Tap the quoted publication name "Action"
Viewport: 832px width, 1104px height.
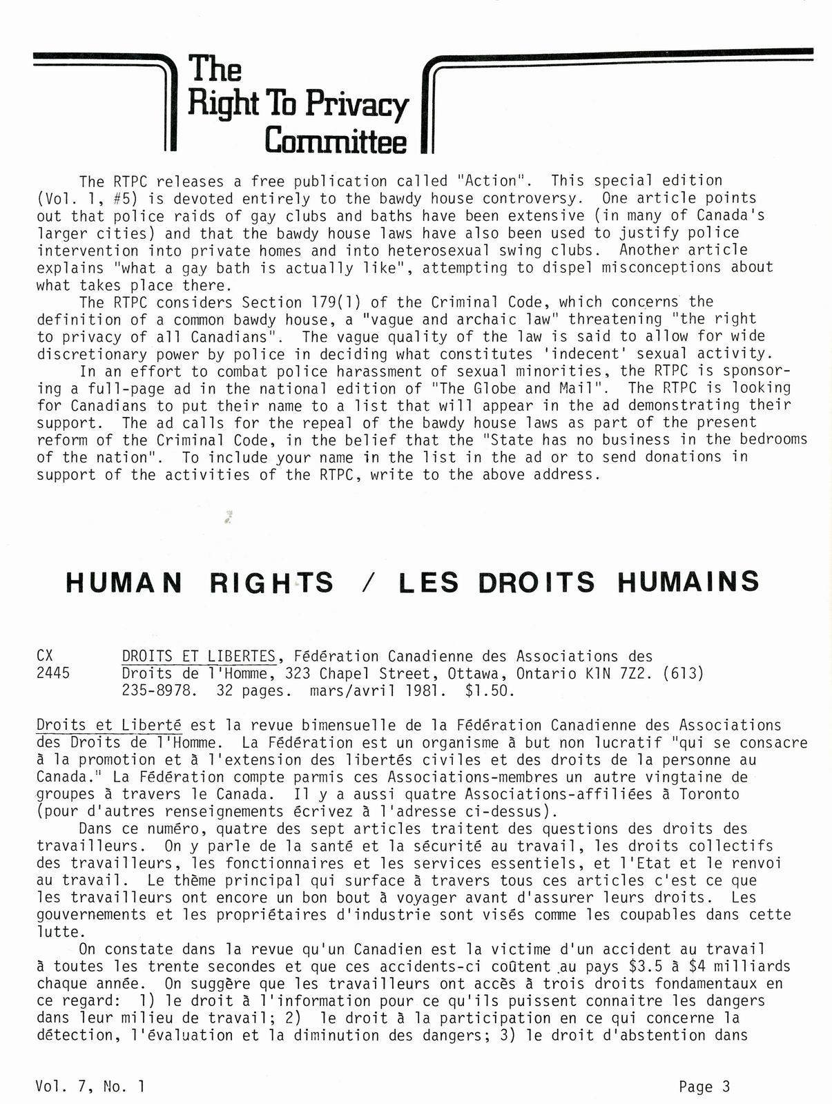click(491, 182)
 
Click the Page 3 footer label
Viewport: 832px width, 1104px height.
click(704, 1087)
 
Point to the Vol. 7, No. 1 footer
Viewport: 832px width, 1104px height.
click(90, 1087)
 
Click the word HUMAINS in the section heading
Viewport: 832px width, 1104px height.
click(688, 582)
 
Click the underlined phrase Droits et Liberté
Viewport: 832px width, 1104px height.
click(108, 726)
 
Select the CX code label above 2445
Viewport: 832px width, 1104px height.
click(46, 656)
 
